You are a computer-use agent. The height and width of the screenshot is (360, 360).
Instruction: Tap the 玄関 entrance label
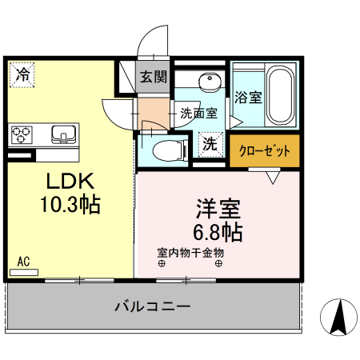coord(154,78)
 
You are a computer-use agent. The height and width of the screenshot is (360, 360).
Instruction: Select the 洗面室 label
coord(198,114)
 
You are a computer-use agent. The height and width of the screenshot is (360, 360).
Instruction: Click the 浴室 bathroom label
coord(248,98)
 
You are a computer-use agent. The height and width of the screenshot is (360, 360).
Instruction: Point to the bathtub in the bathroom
coord(281,95)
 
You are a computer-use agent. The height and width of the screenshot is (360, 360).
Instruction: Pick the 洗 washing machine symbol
coord(209,146)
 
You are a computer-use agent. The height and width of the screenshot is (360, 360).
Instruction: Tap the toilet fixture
coord(165,150)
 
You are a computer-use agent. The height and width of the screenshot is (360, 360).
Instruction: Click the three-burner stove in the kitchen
coord(22,133)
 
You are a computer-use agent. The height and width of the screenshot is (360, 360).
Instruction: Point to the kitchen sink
coord(62,133)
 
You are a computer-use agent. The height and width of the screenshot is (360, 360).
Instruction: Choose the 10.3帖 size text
coord(70,204)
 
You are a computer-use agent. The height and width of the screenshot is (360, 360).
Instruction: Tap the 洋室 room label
coord(218,210)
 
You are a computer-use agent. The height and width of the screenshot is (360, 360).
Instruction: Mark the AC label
coord(23,262)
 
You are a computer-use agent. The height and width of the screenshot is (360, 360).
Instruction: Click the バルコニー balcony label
coord(152,306)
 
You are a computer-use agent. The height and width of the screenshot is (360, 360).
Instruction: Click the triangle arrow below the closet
coord(274,178)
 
